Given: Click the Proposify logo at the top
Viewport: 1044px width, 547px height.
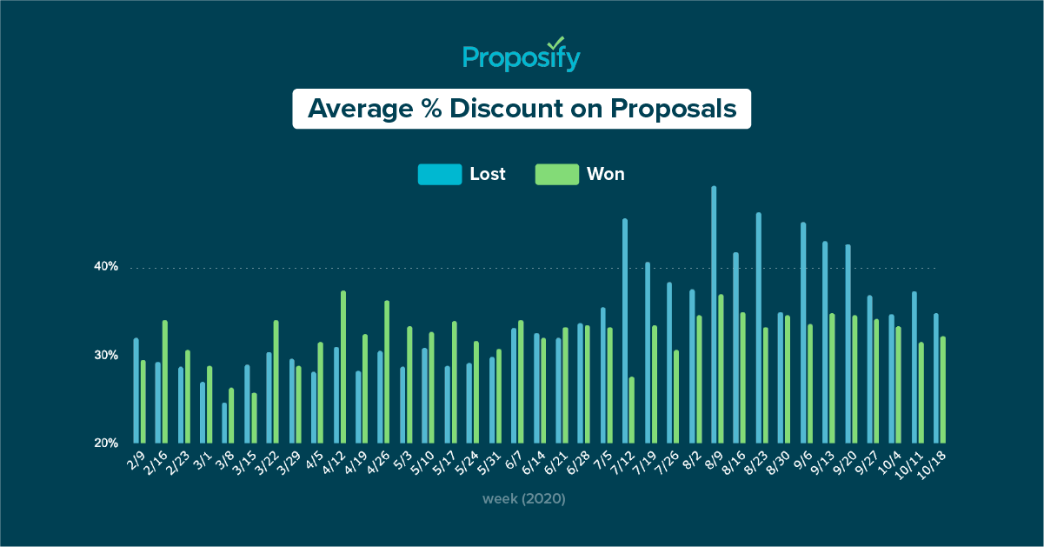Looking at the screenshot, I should pyautogui.click(x=522, y=57).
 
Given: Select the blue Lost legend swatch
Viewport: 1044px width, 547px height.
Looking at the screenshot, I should pyautogui.click(x=439, y=174).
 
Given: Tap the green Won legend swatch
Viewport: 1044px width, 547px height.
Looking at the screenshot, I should pyautogui.click(x=556, y=174).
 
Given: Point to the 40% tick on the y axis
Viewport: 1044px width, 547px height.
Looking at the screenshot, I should pyautogui.click(x=106, y=267).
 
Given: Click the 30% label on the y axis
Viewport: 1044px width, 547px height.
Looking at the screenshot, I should pyautogui.click(x=106, y=356).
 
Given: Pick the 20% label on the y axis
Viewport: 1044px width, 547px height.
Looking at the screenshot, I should pyautogui.click(x=106, y=443).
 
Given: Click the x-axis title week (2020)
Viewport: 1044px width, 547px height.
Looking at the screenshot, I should pyautogui.click(x=524, y=499).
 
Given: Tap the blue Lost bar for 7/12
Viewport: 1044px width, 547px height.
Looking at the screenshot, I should pyautogui.click(x=625, y=330).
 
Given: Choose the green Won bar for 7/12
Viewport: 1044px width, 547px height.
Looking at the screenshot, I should pyautogui.click(x=632, y=410).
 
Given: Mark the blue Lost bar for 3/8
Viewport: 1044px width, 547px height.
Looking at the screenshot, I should pyautogui.click(x=224, y=423).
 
